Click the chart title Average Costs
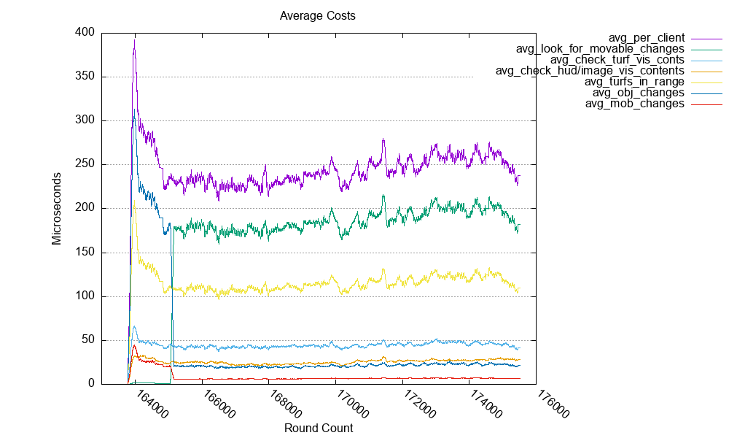click(318, 15)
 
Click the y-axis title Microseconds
click(57, 208)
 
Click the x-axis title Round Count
click(319, 429)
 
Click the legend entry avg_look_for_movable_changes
click(600, 49)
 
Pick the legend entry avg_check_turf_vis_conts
click(617, 60)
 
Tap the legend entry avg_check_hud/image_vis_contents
click(590, 71)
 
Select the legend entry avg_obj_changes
click(638, 93)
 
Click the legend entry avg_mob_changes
click(634, 104)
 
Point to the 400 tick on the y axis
click(86, 33)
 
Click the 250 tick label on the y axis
click(86, 164)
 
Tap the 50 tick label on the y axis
click(89, 340)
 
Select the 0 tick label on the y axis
click(92, 384)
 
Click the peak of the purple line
click(135, 39)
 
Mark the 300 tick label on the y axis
click(86, 120)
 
